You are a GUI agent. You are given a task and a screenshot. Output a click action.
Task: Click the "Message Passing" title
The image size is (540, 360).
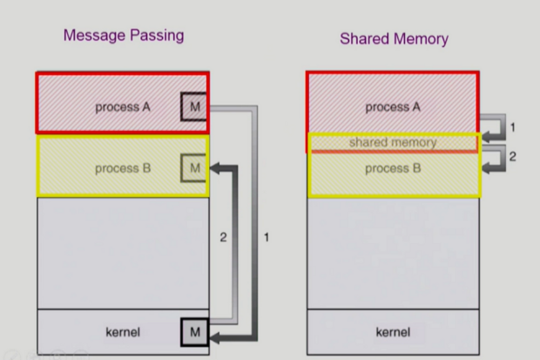(123, 36)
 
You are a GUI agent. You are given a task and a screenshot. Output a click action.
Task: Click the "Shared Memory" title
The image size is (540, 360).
(394, 38)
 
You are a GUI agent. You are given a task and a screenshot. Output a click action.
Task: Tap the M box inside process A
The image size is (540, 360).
(193, 107)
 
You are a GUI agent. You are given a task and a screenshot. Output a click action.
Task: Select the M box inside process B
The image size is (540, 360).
(194, 167)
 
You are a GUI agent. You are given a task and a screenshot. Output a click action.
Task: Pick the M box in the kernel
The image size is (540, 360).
(194, 332)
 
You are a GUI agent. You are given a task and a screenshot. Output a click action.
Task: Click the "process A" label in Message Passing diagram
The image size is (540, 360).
(123, 107)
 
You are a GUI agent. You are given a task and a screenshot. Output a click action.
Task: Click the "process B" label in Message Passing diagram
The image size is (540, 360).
(123, 167)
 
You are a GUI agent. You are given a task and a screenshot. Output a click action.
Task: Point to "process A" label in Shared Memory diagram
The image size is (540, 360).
(393, 107)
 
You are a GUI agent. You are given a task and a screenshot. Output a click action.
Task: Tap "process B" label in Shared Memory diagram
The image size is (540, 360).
(393, 167)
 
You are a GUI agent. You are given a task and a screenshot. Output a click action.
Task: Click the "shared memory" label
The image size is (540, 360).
(393, 142)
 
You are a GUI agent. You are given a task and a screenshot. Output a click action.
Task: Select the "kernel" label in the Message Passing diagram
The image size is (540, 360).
(122, 332)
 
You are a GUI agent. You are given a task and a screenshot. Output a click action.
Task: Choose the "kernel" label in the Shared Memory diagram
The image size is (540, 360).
(393, 332)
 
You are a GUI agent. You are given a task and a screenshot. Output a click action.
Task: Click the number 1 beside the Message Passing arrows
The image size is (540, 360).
(267, 237)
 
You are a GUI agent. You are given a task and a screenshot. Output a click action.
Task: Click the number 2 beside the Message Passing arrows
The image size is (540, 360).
(223, 237)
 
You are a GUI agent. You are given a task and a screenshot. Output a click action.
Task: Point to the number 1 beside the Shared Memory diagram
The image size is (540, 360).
(513, 127)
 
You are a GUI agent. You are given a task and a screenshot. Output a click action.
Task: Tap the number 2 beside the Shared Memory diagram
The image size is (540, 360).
(513, 157)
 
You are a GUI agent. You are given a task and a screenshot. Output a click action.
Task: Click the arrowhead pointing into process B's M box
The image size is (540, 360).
(215, 167)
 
